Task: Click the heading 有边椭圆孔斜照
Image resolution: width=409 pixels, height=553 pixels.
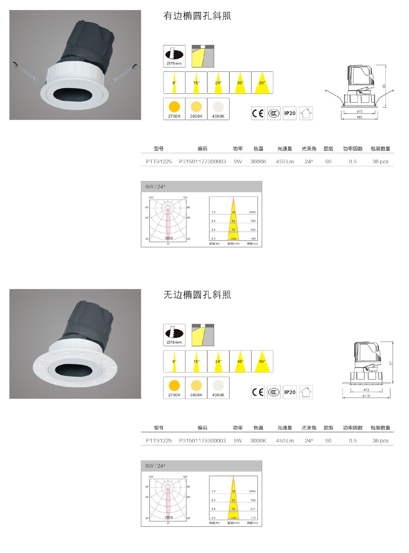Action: tap(197, 16)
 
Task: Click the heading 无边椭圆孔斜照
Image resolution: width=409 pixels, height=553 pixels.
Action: tap(197, 295)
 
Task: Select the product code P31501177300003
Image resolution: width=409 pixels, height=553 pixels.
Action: tap(202, 162)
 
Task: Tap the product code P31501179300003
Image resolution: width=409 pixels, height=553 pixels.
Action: tap(202, 441)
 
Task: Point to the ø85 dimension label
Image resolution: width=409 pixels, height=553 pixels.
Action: tap(359, 117)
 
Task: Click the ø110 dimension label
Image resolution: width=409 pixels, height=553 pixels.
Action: tap(366, 396)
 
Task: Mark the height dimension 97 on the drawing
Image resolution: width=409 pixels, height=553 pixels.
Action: tap(391, 363)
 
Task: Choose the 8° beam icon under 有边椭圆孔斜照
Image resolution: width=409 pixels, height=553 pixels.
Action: tap(174, 83)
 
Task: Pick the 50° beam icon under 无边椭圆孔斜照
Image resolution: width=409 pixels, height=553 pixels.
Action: tap(262, 362)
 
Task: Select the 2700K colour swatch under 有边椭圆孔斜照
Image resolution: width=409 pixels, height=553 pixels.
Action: tap(174, 109)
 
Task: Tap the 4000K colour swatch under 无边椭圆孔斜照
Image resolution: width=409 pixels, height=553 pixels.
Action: tap(218, 388)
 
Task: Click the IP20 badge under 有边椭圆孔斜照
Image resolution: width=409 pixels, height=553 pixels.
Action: tap(290, 113)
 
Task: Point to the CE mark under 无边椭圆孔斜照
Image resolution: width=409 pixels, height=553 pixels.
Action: tap(258, 392)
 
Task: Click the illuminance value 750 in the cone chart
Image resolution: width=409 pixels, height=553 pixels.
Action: tap(253, 221)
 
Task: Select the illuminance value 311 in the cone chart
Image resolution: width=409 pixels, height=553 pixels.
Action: tap(253, 509)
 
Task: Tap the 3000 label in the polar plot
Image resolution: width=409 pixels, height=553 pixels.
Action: tap(169, 238)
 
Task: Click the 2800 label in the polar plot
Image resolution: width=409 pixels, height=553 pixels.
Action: tap(169, 517)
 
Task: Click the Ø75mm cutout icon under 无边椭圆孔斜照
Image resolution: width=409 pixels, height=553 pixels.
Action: tap(174, 335)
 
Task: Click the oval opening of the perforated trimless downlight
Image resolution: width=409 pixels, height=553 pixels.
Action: tap(74, 371)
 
